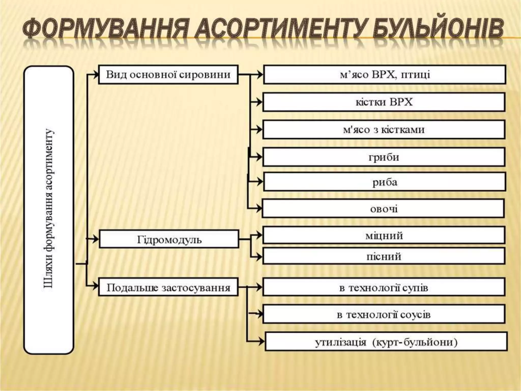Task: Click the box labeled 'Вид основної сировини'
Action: [x=168, y=75]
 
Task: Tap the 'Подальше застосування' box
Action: [x=168, y=287]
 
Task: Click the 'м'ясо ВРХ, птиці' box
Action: [x=384, y=75]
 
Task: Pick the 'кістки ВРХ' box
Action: [x=384, y=102]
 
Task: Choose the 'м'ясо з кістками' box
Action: [x=384, y=130]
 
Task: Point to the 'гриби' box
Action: [x=384, y=157]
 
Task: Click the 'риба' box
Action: [x=384, y=182]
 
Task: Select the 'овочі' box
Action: [x=383, y=208]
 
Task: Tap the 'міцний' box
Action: [x=384, y=235]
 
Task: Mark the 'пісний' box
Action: [x=384, y=256]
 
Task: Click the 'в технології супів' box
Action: [x=384, y=288]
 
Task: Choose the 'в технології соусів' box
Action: [x=384, y=314]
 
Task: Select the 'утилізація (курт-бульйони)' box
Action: [x=386, y=342]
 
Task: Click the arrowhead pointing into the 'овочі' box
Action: [x=259, y=208]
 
